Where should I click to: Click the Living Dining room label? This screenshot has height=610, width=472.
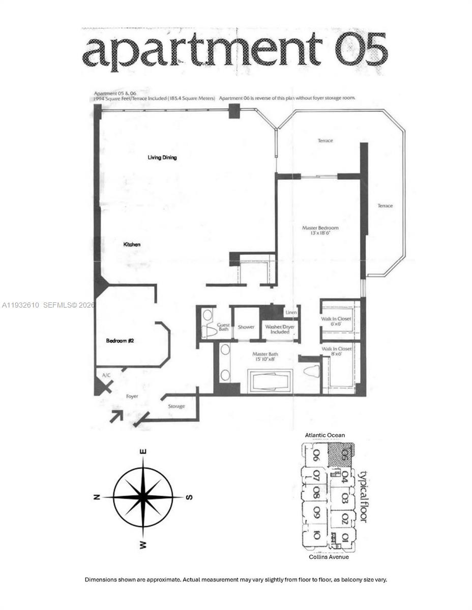click(162, 158)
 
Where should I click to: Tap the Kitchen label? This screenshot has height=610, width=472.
click(132, 245)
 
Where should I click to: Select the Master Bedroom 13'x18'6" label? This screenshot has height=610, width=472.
click(320, 231)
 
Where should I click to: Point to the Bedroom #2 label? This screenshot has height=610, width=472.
click(120, 341)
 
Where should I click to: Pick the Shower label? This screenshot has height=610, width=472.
click(246, 327)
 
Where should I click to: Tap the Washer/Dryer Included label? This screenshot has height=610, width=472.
click(279, 329)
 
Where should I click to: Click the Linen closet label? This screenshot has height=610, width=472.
click(290, 313)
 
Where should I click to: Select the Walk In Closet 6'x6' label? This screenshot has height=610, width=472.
click(336, 321)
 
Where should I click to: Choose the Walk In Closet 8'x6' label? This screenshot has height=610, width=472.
click(336, 352)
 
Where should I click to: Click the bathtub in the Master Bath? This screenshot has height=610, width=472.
click(269, 381)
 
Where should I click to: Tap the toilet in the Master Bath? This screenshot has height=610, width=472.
click(311, 371)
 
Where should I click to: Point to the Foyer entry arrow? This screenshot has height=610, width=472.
click(116, 416)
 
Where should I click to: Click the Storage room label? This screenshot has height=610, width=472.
click(176, 406)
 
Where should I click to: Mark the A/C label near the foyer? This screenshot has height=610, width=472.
click(106, 375)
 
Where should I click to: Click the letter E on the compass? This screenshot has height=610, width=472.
click(143, 451)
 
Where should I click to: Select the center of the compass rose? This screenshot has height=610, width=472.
click(143, 497)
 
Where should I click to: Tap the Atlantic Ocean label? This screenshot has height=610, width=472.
click(324, 435)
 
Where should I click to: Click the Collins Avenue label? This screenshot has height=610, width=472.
click(329, 557)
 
